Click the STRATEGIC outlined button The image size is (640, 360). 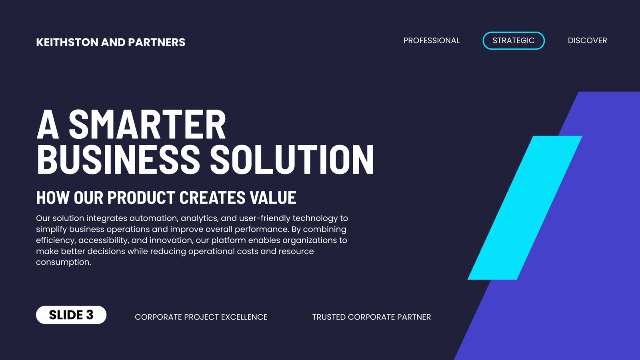(x=514, y=40)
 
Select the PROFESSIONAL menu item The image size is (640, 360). (x=432, y=40)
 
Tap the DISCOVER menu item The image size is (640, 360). (x=587, y=40)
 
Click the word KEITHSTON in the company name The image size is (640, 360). (x=67, y=42)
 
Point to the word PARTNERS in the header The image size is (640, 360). (x=156, y=42)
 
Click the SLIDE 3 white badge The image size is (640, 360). (x=71, y=315)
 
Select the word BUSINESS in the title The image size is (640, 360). (x=118, y=159)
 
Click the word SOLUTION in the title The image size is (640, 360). (x=292, y=159)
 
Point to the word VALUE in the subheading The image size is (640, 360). (x=273, y=197)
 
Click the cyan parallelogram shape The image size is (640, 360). (x=525, y=208)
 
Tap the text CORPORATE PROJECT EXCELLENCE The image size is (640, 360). (x=201, y=317)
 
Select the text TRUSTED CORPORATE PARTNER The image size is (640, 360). (x=372, y=317)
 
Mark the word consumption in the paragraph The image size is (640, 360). (x=64, y=262)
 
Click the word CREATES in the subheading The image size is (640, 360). (x=212, y=197)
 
